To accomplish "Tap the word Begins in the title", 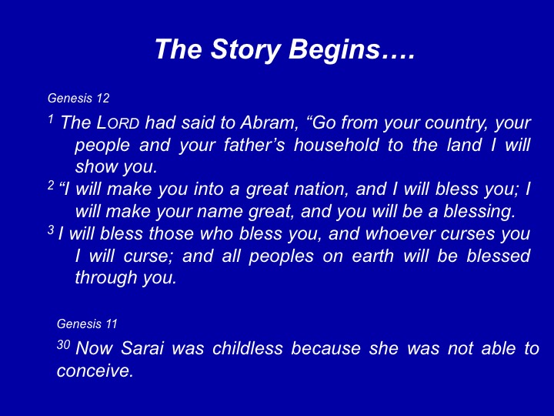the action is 334,50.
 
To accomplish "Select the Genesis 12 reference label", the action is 78,98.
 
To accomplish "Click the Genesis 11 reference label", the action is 87,324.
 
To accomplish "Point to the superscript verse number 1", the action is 51,119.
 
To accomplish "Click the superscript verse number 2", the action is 52,185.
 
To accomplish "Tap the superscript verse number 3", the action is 52,230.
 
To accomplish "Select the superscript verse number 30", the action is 63,344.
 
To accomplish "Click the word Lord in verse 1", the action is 118,123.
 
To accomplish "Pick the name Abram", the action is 268,122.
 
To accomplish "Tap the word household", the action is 336,145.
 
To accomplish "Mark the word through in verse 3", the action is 105,278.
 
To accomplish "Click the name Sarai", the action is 142,348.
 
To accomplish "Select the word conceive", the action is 95,371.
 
